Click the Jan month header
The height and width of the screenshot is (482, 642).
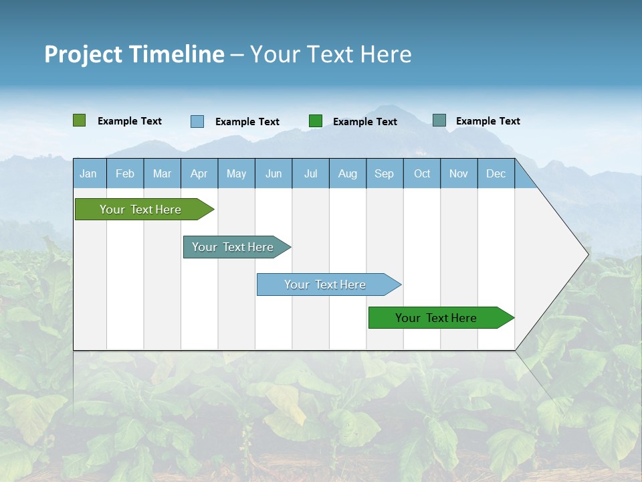click(x=89, y=173)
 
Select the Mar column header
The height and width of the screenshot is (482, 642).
click(x=162, y=173)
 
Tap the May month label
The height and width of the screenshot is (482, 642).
click(x=236, y=173)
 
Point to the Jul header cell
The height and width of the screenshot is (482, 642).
click(x=310, y=173)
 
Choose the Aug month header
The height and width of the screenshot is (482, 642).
click(x=348, y=173)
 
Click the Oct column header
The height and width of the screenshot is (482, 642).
click(x=422, y=173)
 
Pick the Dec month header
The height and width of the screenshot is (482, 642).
click(x=496, y=173)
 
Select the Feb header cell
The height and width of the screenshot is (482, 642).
click(x=125, y=173)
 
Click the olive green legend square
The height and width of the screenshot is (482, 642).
click(x=80, y=120)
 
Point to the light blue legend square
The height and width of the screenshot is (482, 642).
click(x=197, y=121)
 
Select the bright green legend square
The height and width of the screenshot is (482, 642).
click(x=316, y=121)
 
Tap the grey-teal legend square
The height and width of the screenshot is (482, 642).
click(x=439, y=120)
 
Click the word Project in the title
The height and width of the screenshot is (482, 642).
click(x=84, y=54)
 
